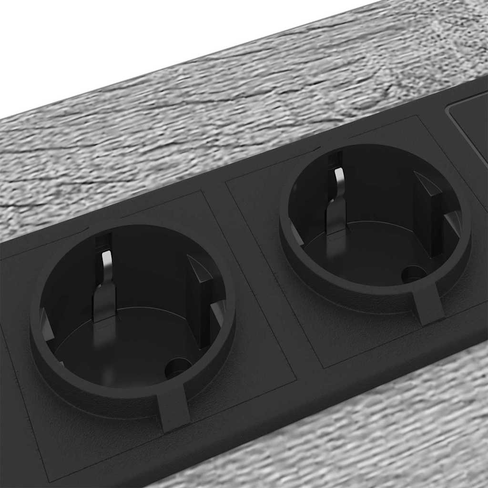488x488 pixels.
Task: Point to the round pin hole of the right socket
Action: pyautogui.click(x=412, y=274)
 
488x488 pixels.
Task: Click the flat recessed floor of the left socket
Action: pyautogui.click(x=119, y=348)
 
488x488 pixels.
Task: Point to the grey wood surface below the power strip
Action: pyautogui.click(x=381, y=429)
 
